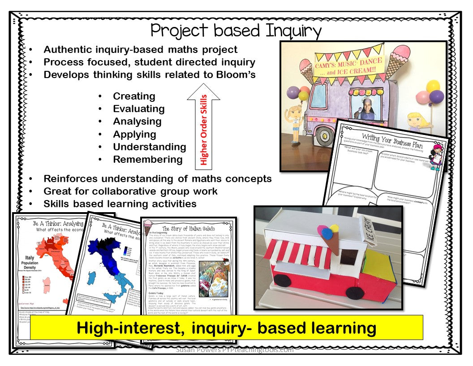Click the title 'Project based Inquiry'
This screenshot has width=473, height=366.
236,30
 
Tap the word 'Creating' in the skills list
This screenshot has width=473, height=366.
134,96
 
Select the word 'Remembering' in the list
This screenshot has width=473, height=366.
148,159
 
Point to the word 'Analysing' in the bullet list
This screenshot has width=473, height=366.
137,121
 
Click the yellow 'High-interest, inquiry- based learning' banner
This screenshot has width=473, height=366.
226,328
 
